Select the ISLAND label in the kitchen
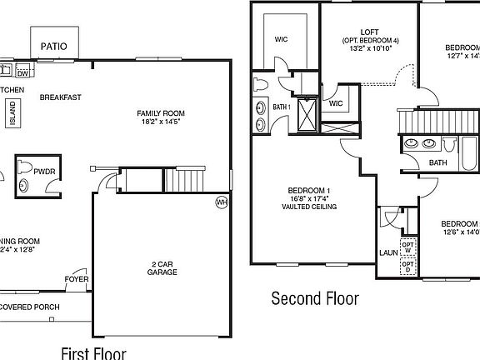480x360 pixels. [12, 113]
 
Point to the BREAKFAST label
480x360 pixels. [60, 97]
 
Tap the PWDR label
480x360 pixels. [45, 171]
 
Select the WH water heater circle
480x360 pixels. [221, 202]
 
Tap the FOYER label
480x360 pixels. [77, 278]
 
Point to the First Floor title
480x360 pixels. [94, 352]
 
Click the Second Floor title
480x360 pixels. [315, 297]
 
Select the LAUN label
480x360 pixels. [387, 251]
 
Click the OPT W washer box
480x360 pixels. [408, 247]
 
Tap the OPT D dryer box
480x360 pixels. [408, 267]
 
